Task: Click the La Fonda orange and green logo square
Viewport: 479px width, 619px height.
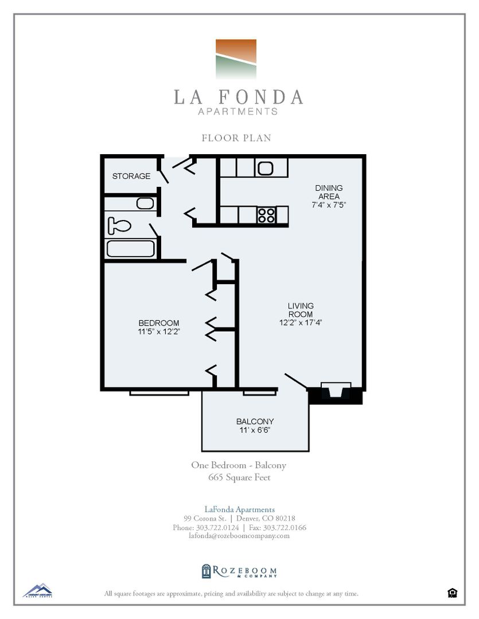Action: [x=236, y=59]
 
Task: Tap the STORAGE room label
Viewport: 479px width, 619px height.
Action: [x=131, y=176]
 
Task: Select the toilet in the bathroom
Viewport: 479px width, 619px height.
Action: [x=120, y=225]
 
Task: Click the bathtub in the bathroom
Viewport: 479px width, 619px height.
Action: [x=130, y=249]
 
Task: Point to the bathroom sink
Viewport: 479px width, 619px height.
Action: [x=145, y=203]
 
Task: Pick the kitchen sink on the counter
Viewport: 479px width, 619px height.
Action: [x=266, y=168]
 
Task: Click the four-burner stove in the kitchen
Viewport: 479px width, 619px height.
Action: [x=266, y=215]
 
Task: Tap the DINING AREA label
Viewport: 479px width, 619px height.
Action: [x=329, y=192]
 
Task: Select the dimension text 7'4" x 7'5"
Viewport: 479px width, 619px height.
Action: [x=329, y=204]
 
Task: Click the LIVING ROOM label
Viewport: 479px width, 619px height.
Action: [x=301, y=310]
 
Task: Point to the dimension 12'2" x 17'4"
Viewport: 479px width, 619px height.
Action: [x=301, y=323]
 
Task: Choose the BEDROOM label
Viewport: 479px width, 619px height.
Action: [x=158, y=323]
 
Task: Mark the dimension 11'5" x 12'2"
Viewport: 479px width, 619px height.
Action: [x=158, y=331]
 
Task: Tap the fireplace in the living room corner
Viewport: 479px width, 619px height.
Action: [x=336, y=392]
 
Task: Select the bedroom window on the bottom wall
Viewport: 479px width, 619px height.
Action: [x=159, y=393]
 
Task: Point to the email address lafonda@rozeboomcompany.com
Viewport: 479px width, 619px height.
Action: [x=239, y=536]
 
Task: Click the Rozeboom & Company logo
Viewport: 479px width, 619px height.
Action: [x=239, y=571]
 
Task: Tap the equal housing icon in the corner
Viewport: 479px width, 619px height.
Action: [x=452, y=593]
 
